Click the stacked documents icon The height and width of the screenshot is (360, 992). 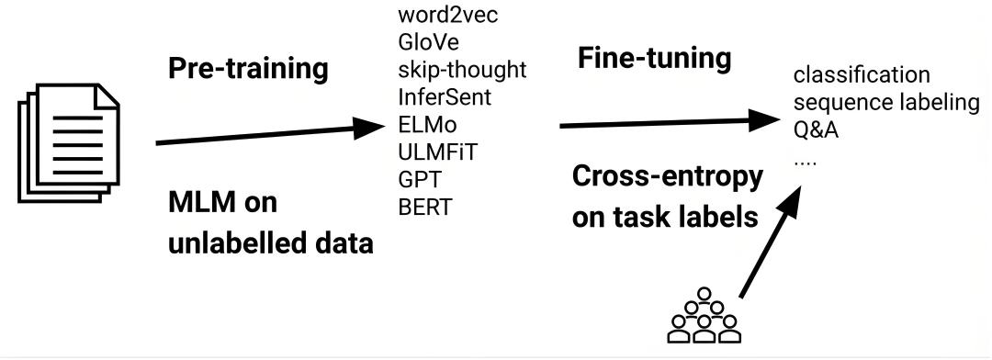pyautogui.click(x=62, y=141)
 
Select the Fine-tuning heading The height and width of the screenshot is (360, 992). pyautogui.click(x=654, y=59)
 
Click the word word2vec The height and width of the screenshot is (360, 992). pyautogui.click(x=439, y=16)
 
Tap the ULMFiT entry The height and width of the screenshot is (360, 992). pyautogui.click(x=432, y=151)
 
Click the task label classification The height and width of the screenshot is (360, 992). pyautogui.click(x=862, y=74)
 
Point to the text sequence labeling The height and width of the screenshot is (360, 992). pyautogui.click(x=885, y=102)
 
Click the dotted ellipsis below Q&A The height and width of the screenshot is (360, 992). pyautogui.click(x=805, y=158)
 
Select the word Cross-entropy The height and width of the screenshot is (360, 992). pyautogui.click(x=667, y=178)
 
